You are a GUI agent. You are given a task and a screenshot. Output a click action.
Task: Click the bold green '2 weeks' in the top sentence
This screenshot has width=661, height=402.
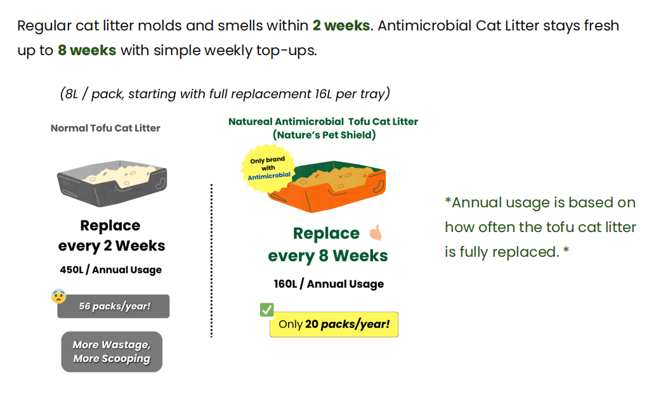coord(341,26)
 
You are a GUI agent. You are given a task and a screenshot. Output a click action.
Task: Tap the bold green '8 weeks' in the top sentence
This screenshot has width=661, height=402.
coord(87,51)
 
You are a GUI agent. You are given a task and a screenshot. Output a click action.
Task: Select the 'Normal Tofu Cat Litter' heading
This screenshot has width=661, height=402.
coord(105,128)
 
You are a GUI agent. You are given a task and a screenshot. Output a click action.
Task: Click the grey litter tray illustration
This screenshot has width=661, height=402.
coord(112,183)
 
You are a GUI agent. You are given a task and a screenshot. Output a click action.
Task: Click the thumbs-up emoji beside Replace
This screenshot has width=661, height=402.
coord(376,233)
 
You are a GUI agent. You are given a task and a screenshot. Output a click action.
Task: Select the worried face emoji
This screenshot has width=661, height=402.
coord(58,296)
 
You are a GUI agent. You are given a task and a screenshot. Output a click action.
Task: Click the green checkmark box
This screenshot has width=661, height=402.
coord(267,309)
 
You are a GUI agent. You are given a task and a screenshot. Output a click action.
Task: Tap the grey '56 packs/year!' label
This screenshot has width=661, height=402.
coord(114,306)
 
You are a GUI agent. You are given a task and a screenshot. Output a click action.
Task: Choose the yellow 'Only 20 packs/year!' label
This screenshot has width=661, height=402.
coord(334,325)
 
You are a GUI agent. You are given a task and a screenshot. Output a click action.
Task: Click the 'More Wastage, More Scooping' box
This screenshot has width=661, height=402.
coord(112,352)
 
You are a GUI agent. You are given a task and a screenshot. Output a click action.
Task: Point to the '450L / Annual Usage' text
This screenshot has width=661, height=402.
coord(111,269)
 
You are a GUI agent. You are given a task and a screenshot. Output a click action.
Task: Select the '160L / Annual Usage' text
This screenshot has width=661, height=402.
coord(329,284)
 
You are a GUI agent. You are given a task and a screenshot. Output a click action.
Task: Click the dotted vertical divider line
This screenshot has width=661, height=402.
coord(212,261)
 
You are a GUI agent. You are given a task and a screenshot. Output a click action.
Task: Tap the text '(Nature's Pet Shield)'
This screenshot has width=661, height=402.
coord(324,135)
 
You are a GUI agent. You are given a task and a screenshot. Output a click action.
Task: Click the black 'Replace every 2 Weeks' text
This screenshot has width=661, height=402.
coord(111,235)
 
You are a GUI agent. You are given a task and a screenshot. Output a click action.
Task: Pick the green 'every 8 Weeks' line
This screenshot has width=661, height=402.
coord(328,256)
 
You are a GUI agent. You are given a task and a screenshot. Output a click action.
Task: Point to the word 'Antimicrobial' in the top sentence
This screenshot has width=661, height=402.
coord(424,26)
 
